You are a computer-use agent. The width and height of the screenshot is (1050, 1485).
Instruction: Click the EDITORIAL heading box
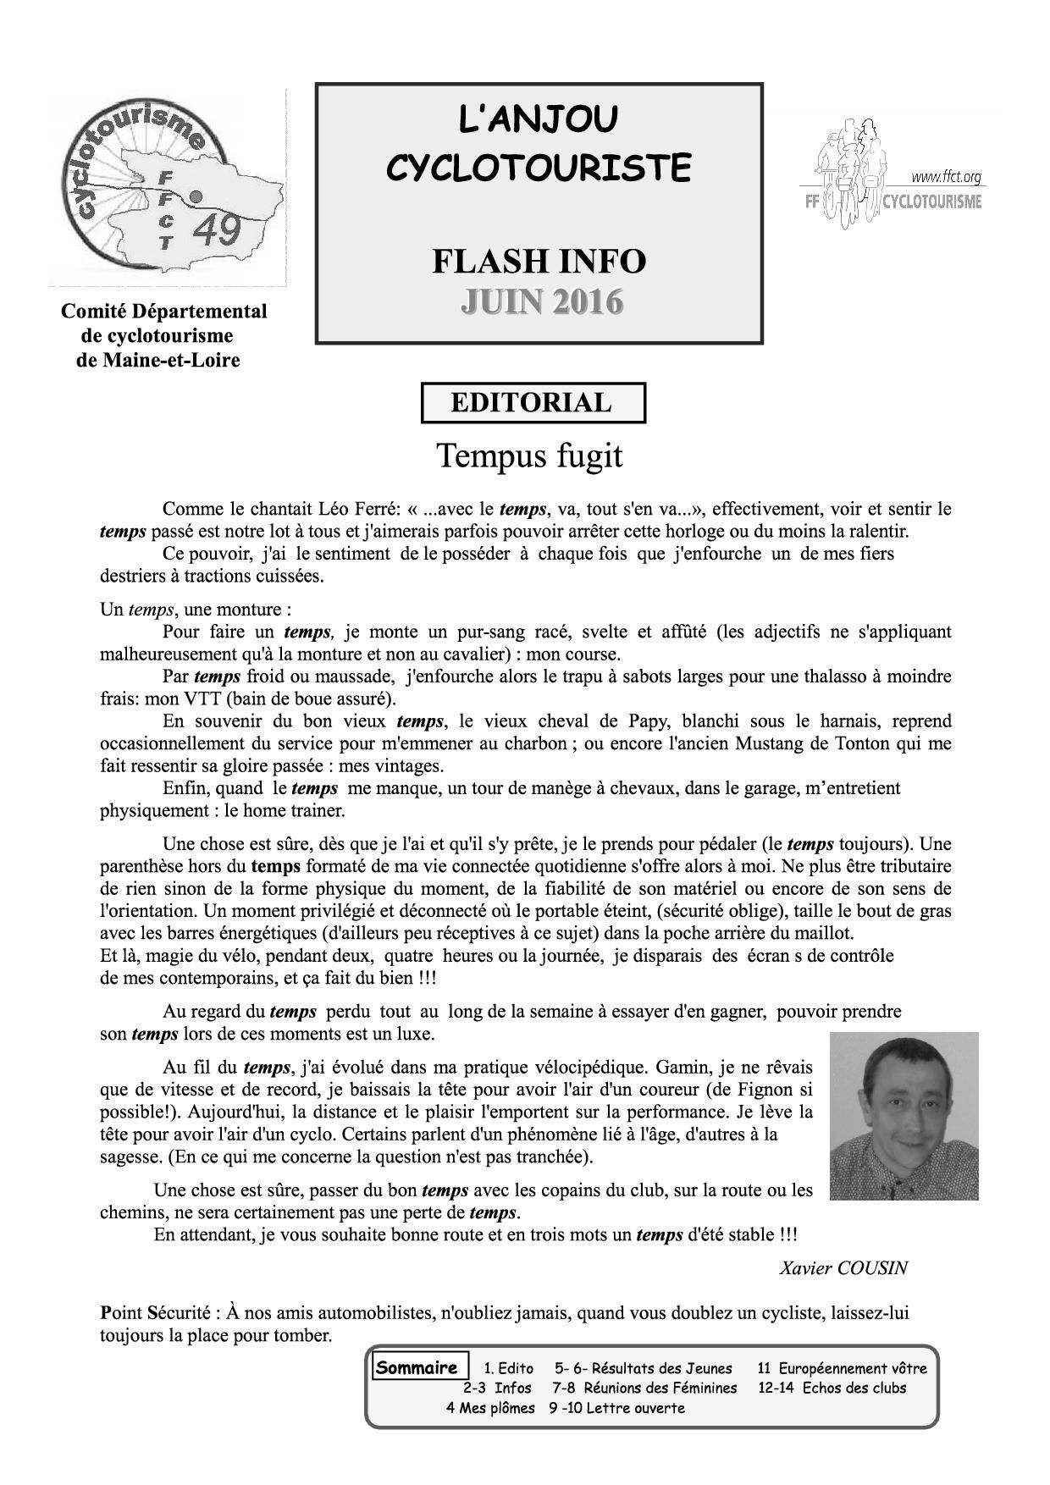click(x=533, y=402)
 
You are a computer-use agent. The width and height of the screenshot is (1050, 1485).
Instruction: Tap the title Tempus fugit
click(x=529, y=455)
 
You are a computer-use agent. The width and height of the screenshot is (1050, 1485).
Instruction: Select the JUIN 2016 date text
click(x=541, y=301)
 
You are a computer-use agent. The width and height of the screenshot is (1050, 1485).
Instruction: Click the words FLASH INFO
click(x=539, y=261)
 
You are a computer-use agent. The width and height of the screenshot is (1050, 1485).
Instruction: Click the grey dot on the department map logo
click(x=196, y=196)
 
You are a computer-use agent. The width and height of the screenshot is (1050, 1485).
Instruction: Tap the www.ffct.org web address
click(x=946, y=177)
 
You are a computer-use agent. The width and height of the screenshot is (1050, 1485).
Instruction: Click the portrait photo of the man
click(x=904, y=1115)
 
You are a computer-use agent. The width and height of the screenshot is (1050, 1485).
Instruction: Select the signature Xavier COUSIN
click(x=843, y=1267)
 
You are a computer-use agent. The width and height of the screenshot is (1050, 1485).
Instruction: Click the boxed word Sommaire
click(x=417, y=1367)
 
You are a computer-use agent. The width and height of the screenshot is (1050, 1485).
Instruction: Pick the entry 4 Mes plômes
click(x=490, y=1408)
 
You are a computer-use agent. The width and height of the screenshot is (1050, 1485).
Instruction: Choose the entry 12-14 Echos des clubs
click(x=832, y=1388)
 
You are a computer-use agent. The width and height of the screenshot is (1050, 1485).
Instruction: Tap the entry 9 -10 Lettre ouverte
click(x=616, y=1408)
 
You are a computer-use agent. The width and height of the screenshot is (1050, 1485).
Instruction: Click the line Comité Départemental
click(x=163, y=312)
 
